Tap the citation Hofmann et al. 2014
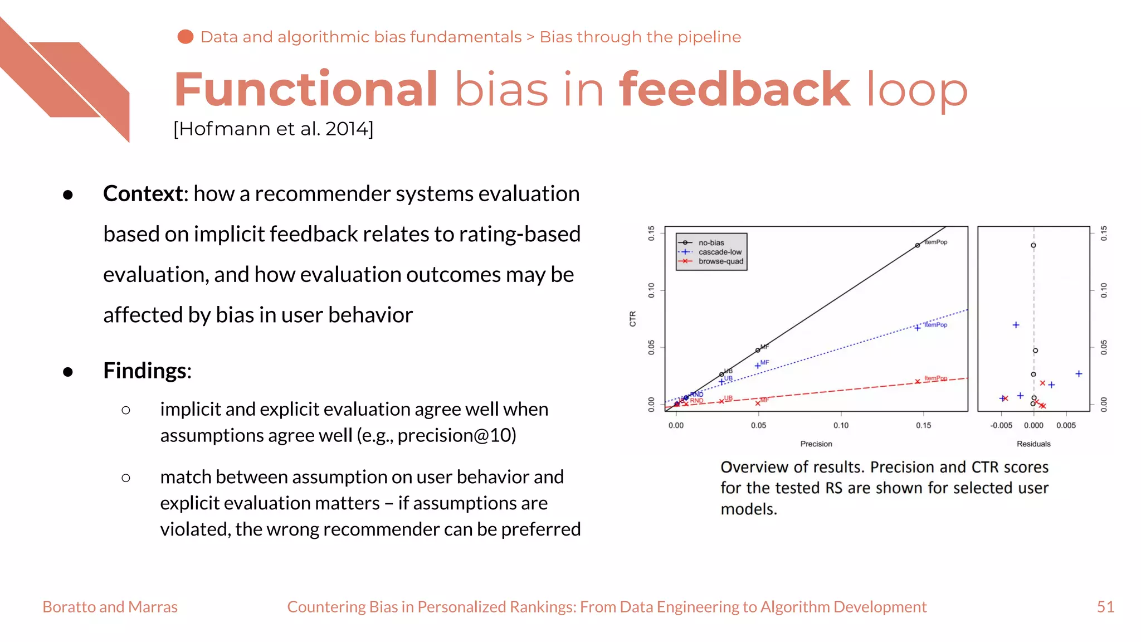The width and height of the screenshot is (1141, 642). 273,129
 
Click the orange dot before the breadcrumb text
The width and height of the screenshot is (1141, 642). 185,37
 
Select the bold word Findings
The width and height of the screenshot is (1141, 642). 145,371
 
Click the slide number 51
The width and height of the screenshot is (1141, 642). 1105,606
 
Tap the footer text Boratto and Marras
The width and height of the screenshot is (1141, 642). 110,606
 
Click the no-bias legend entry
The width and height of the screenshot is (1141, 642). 711,242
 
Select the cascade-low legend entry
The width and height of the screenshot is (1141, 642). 719,252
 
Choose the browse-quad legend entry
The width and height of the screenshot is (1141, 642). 720,261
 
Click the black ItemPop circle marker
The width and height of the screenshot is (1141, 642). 917,245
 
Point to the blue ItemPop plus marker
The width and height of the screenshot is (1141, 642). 917,328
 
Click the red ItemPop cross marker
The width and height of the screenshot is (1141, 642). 917,382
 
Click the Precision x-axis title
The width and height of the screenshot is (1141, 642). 816,444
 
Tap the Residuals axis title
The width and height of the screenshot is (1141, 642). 1033,444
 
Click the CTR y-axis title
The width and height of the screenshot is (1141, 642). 632,319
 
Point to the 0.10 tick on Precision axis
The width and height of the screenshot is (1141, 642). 841,425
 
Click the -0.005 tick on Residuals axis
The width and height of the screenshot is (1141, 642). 1001,425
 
